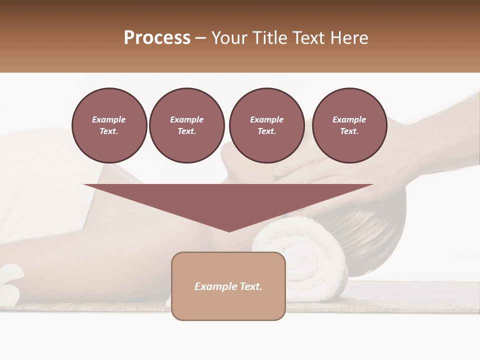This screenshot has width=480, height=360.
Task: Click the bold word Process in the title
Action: (x=157, y=38)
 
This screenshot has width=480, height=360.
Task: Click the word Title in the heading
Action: (x=268, y=38)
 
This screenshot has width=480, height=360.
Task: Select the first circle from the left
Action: (x=109, y=125)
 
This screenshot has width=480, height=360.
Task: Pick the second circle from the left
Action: (x=186, y=125)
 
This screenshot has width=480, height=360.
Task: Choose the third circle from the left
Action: (x=266, y=125)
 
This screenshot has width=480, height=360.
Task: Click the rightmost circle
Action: (x=349, y=125)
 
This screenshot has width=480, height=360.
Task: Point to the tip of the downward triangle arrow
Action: (x=229, y=230)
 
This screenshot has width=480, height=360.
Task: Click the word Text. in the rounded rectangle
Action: (x=250, y=286)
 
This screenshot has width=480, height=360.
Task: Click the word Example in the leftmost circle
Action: (x=109, y=120)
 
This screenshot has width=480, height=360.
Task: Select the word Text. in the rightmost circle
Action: (x=349, y=131)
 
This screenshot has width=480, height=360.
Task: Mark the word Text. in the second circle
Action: (x=186, y=131)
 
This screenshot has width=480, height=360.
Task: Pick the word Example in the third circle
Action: (x=266, y=120)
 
